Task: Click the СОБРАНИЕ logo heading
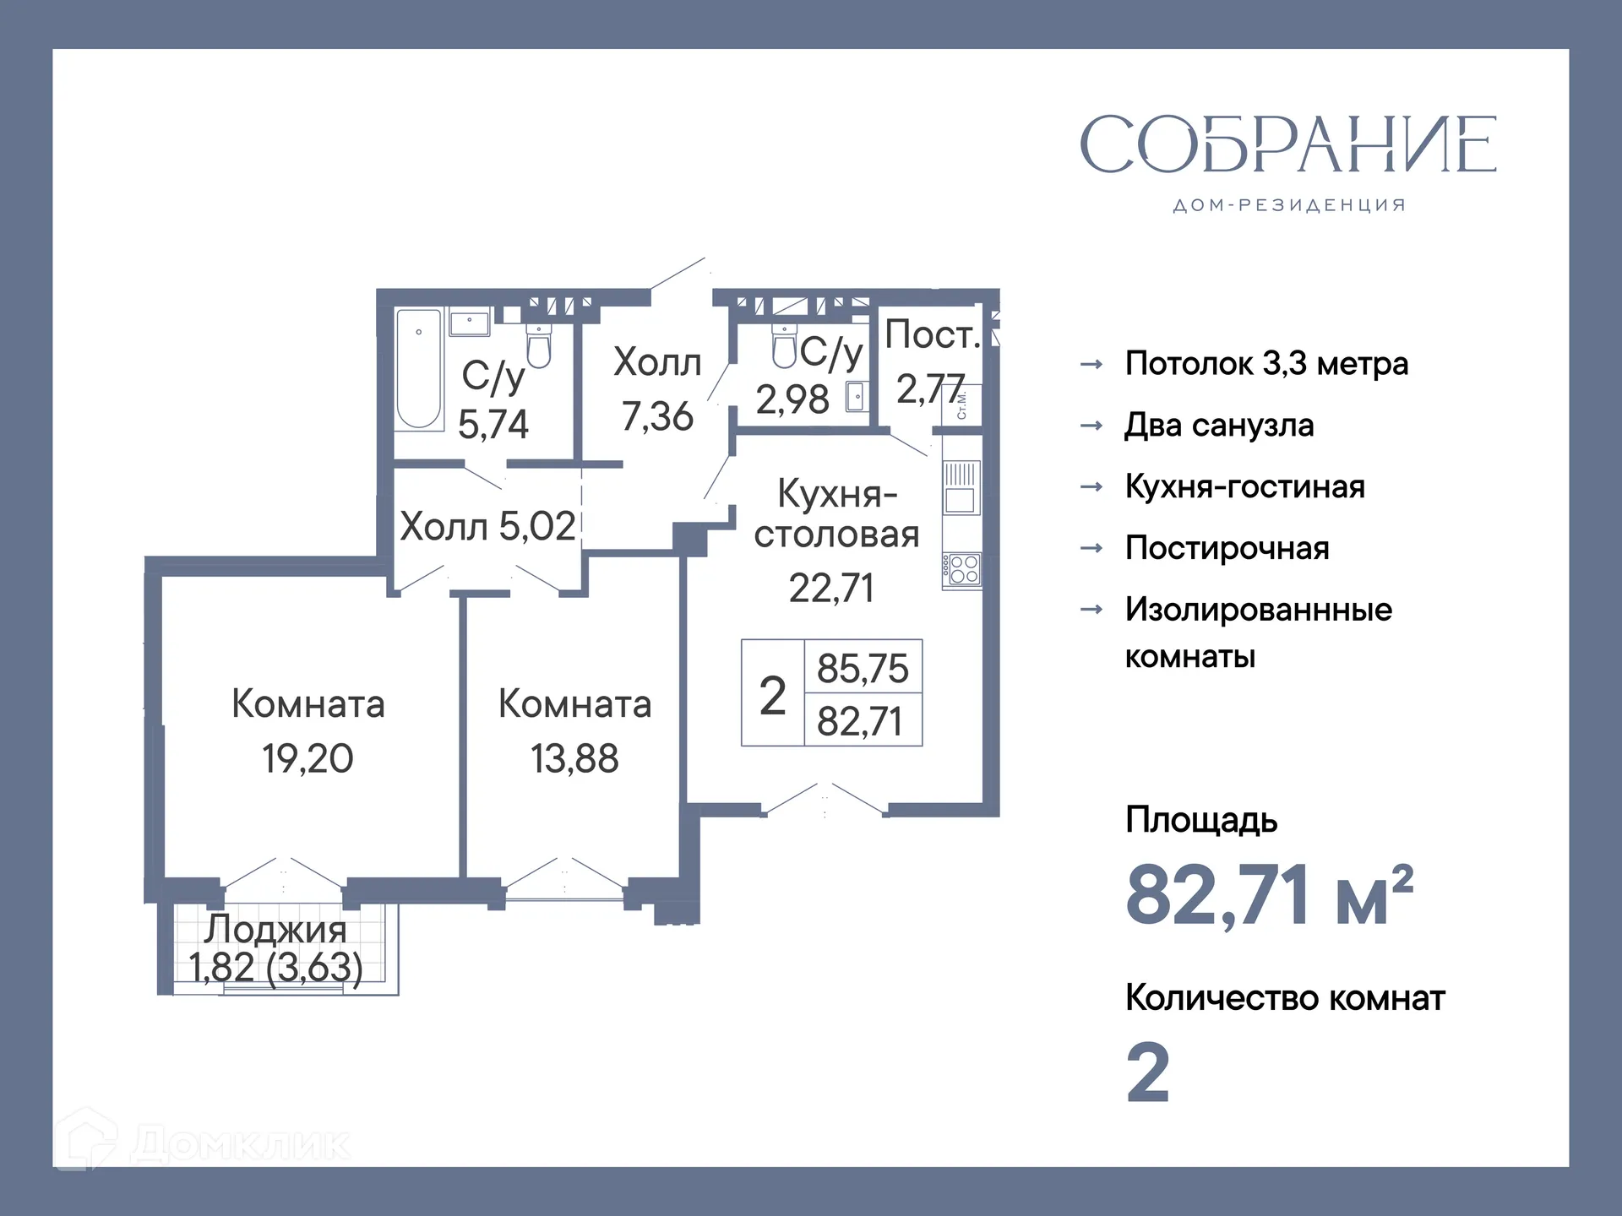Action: click(x=1287, y=144)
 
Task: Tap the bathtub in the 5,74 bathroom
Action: click(x=419, y=370)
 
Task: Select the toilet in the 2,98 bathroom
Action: click(x=785, y=347)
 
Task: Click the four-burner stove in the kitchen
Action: click(x=962, y=570)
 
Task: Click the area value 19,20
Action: click(x=308, y=758)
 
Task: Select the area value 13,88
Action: click(x=574, y=758)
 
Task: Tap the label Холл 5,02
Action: click(x=487, y=526)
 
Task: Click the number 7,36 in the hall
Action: click(x=657, y=416)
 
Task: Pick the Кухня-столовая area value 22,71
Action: click(x=831, y=588)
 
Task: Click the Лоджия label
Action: click(x=275, y=929)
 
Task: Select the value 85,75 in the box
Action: click(x=862, y=668)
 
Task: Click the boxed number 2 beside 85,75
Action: click(x=772, y=695)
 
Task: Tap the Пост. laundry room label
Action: click(x=932, y=335)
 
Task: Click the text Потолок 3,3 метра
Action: click(x=1266, y=364)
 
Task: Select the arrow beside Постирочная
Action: click(x=1091, y=548)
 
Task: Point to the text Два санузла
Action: click(x=1219, y=426)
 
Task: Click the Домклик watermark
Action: click(x=203, y=1143)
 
